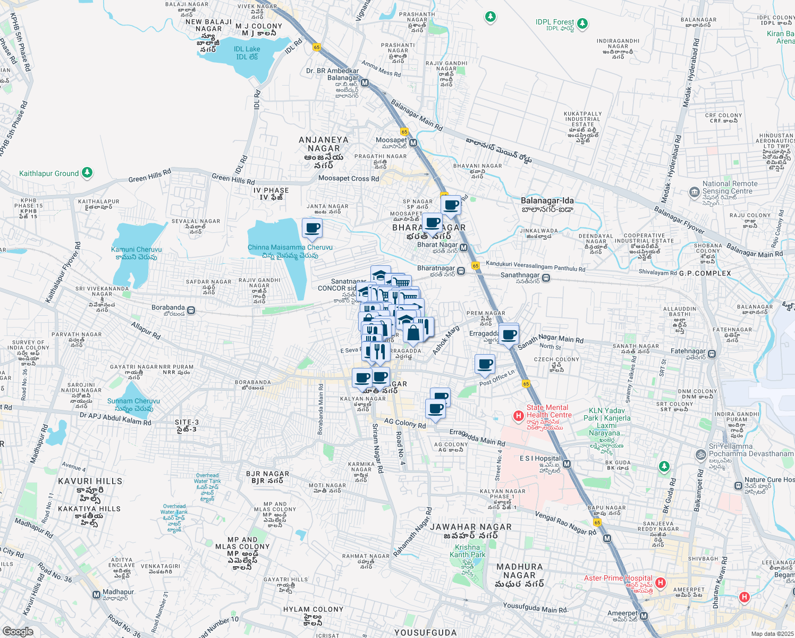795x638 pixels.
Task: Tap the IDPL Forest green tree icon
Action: (582, 23)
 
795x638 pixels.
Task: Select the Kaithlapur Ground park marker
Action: (87, 173)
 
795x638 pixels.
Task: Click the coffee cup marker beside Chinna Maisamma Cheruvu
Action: (312, 228)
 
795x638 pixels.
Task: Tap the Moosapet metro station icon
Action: (413, 143)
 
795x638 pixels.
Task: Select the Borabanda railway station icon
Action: (191, 310)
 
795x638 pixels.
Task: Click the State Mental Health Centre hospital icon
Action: (519, 416)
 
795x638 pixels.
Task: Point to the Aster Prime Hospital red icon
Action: (661, 583)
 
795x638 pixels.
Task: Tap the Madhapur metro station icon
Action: (96, 594)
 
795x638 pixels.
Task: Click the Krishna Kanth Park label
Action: (468, 551)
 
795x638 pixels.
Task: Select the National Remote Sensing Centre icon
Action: (694, 192)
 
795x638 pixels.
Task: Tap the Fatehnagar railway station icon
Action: (712, 354)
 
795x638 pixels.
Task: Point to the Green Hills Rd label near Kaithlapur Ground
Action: (150, 175)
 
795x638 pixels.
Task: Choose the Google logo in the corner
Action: (18, 632)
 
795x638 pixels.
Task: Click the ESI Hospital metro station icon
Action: (567, 464)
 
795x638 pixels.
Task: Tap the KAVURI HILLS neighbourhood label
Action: (90, 481)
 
